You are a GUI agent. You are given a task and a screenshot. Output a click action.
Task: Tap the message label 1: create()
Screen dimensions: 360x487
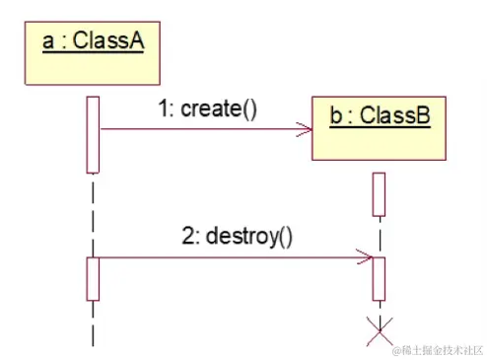207,108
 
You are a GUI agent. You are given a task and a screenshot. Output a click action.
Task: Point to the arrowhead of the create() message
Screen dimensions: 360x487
305,128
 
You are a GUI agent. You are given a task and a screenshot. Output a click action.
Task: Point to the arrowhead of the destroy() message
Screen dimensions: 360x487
367,258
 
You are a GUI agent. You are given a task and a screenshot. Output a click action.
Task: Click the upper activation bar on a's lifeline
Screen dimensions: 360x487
93,133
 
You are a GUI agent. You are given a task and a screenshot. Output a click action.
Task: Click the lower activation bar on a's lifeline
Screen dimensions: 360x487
93,278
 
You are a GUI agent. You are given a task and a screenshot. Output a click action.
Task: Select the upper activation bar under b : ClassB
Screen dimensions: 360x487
379,194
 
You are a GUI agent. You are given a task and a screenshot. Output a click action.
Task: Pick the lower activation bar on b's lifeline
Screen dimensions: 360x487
379,279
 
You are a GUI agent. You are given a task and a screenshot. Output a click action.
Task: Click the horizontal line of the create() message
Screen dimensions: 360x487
197,128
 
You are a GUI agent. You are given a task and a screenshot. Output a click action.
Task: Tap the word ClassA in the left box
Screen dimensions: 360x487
109,41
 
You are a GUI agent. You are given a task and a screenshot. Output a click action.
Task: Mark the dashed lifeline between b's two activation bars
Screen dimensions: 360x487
379,237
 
